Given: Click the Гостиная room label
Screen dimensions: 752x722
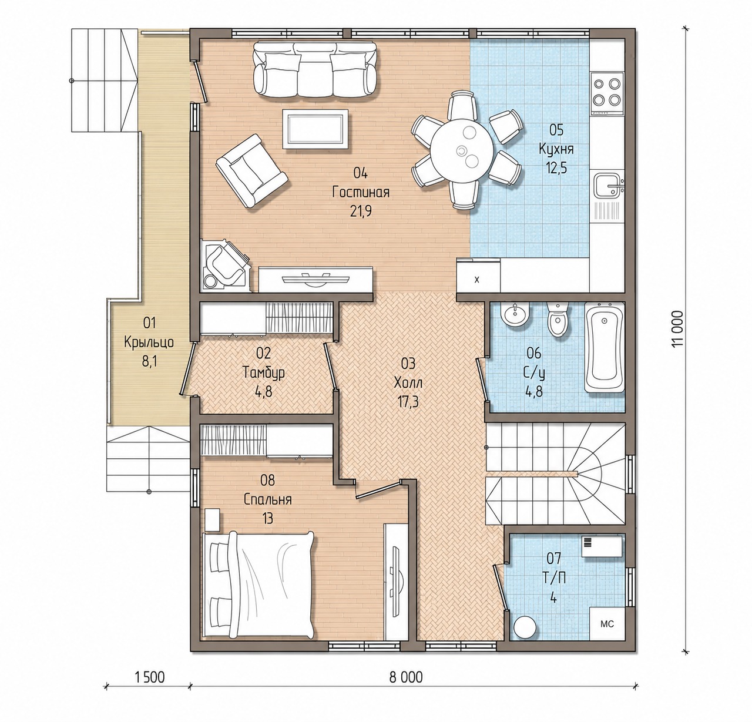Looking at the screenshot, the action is coord(360,193).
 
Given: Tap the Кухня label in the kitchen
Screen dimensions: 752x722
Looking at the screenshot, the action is coord(556,149).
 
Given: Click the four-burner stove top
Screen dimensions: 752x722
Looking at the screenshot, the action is coord(607,93).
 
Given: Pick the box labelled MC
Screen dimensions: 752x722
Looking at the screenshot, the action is coord(607,623).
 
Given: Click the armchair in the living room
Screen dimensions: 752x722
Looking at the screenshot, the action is coord(251,170).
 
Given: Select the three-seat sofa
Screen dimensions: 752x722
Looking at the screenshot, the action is coord(314,69).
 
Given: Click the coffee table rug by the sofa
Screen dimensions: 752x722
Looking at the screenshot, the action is coord(315,128).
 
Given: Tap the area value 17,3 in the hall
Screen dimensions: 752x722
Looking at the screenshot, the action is coord(408,402).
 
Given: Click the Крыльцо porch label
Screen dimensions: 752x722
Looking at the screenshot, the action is coord(149,342).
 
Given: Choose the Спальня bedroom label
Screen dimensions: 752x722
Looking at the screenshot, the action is coord(267,499).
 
